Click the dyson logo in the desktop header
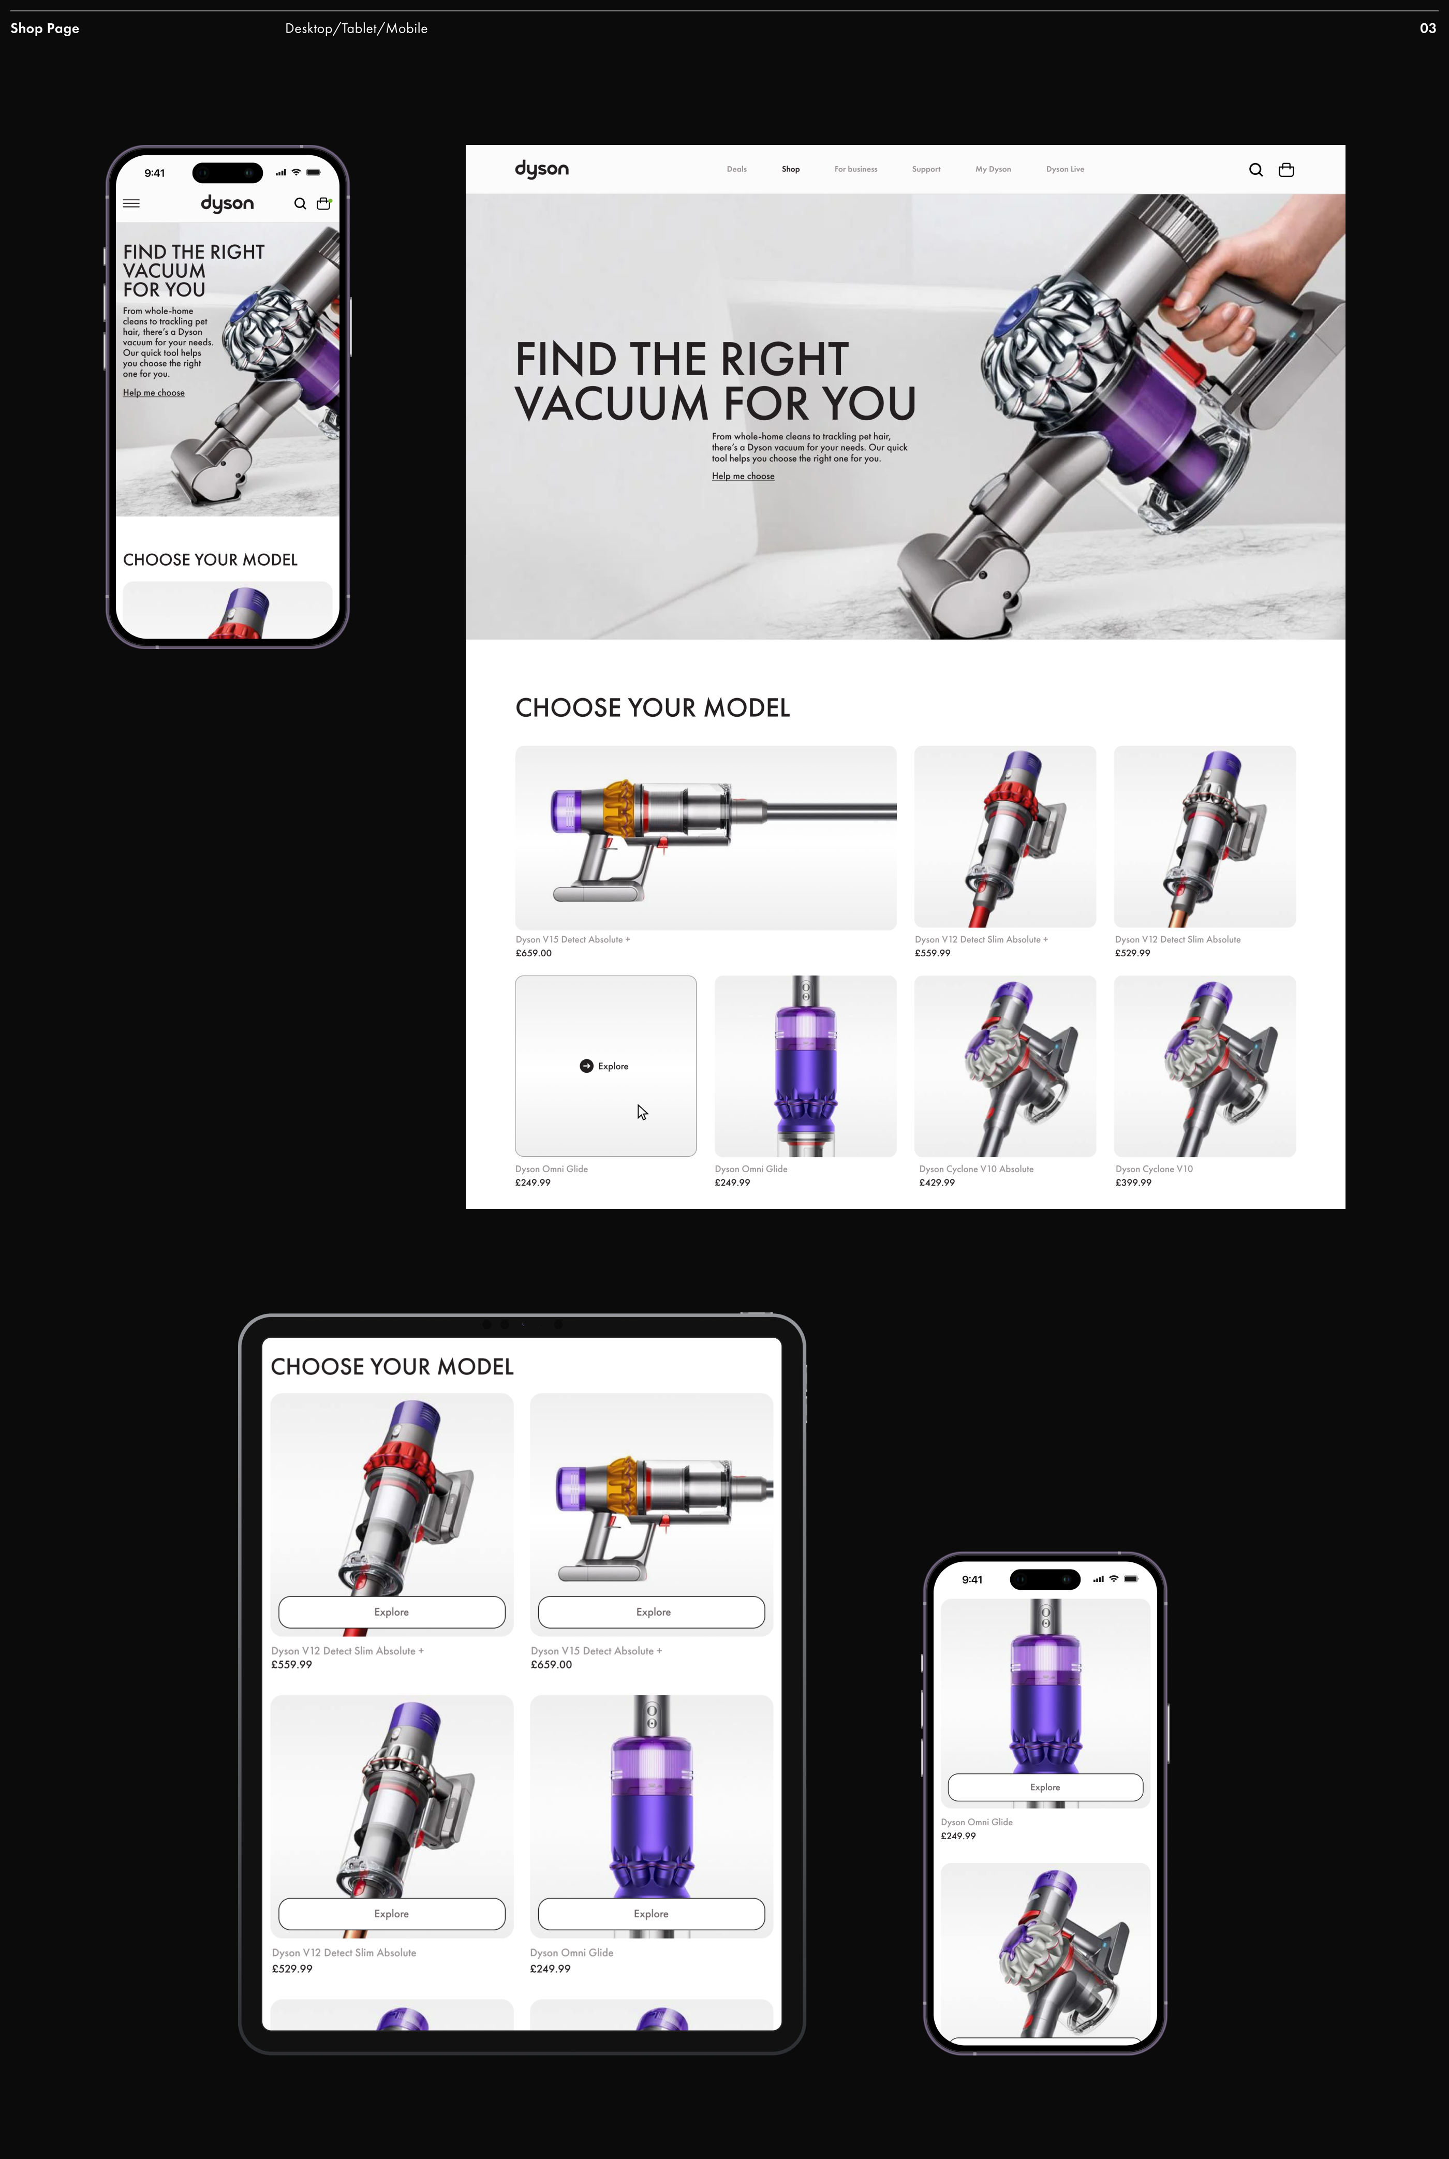[x=541, y=169]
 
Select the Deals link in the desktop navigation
[x=736, y=169]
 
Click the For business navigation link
[x=856, y=169]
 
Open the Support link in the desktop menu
[x=926, y=169]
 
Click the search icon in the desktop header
[x=1256, y=170]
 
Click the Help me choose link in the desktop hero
[x=743, y=476]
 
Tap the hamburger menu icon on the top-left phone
[x=131, y=203]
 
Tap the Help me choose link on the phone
[x=153, y=393]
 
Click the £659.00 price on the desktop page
[x=533, y=953]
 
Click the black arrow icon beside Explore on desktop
[x=586, y=1066]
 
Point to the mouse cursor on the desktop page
[x=642, y=1112]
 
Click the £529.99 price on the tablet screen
[x=292, y=1969]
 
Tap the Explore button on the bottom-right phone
[x=1045, y=1787]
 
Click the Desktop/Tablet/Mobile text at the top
[x=356, y=28]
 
